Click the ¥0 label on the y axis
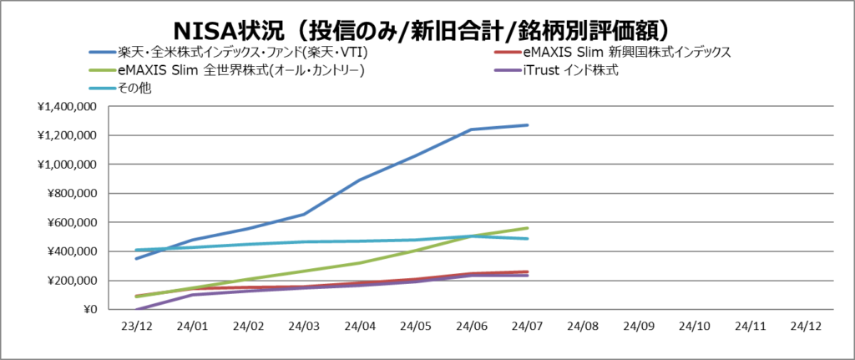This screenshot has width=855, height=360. click(x=87, y=310)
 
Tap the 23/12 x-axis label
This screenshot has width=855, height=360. click(x=137, y=327)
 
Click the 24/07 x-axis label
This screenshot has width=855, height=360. click(x=527, y=327)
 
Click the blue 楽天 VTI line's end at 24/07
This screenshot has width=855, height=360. click(x=527, y=125)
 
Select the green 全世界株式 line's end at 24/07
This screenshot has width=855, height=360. click(x=527, y=228)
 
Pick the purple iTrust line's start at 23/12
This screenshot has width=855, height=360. click(x=137, y=309)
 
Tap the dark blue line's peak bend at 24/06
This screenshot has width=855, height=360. click(x=471, y=129)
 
